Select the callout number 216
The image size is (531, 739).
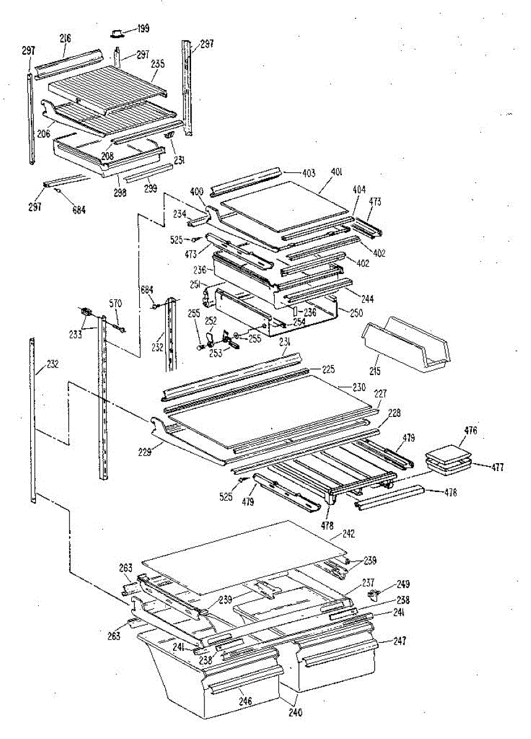(x=66, y=38)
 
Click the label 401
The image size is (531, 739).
(x=337, y=172)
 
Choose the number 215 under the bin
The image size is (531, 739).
(x=375, y=371)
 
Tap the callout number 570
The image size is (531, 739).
(x=116, y=302)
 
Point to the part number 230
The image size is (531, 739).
(x=359, y=387)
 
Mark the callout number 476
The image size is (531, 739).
(x=471, y=430)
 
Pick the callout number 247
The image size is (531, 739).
(x=400, y=642)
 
